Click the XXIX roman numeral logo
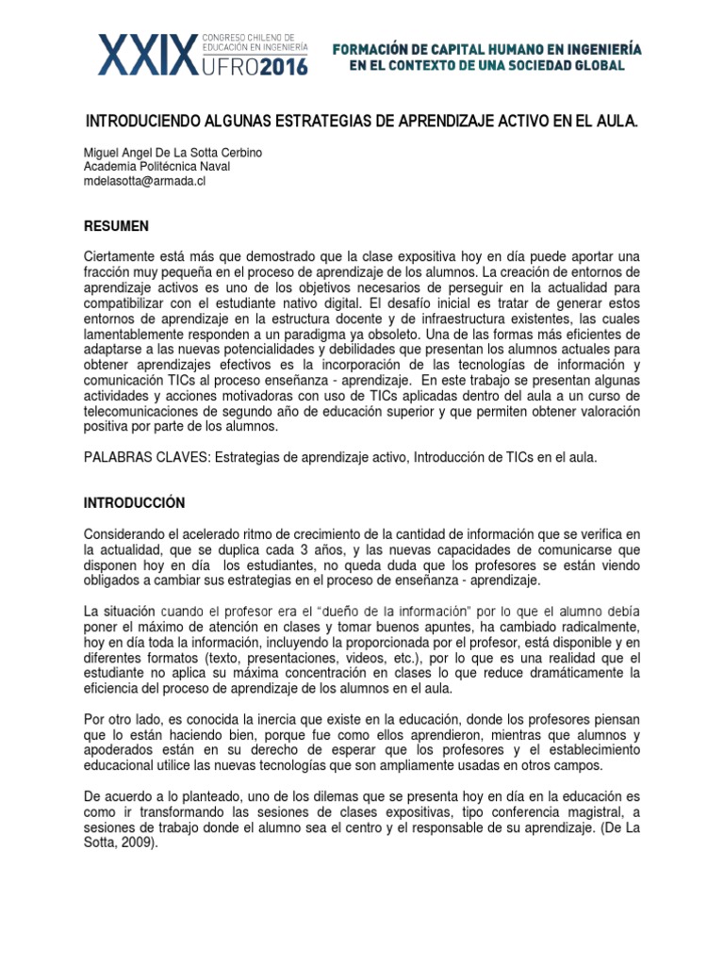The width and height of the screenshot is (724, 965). tap(149, 54)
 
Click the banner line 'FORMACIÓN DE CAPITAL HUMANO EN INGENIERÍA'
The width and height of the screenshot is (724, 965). tap(488, 47)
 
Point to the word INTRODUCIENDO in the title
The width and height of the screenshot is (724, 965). tap(141, 123)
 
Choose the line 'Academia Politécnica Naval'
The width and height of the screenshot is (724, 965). tap(156, 167)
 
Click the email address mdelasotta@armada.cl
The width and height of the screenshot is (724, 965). tap(144, 181)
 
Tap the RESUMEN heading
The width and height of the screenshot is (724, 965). tap(116, 226)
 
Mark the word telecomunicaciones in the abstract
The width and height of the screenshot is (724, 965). tap(145, 412)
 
